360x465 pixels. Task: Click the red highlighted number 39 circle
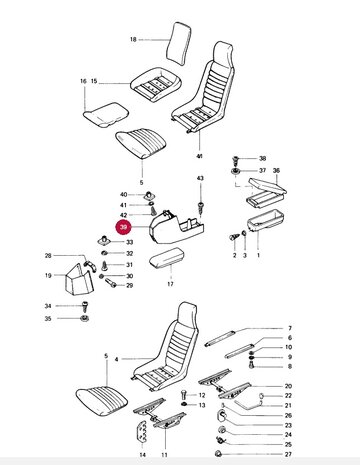pyautogui.click(x=124, y=227)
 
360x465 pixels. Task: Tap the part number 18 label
pyautogui.click(x=133, y=39)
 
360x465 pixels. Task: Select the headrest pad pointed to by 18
pyautogui.click(x=179, y=44)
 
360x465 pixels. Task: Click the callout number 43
pyautogui.click(x=200, y=178)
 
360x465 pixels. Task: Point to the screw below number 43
pyautogui.click(x=200, y=207)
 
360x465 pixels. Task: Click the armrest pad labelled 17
pyautogui.click(x=167, y=257)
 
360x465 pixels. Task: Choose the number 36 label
pyautogui.click(x=276, y=171)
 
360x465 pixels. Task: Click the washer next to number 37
pyautogui.click(x=236, y=172)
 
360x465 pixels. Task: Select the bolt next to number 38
pyautogui.click(x=236, y=159)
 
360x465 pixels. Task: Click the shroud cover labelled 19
pyautogui.click(x=78, y=279)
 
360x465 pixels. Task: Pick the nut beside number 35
pyautogui.click(x=84, y=318)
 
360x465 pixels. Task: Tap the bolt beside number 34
pyautogui.click(x=85, y=306)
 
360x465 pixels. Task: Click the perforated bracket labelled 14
pyautogui.click(x=142, y=431)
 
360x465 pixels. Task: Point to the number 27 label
pyautogui.click(x=288, y=454)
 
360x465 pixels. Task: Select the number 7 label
pyautogui.click(x=290, y=328)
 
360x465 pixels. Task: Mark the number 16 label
pyautogui.click(x=83, y=81)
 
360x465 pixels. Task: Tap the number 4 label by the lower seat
pyautogui.click(x=116, y=359)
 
